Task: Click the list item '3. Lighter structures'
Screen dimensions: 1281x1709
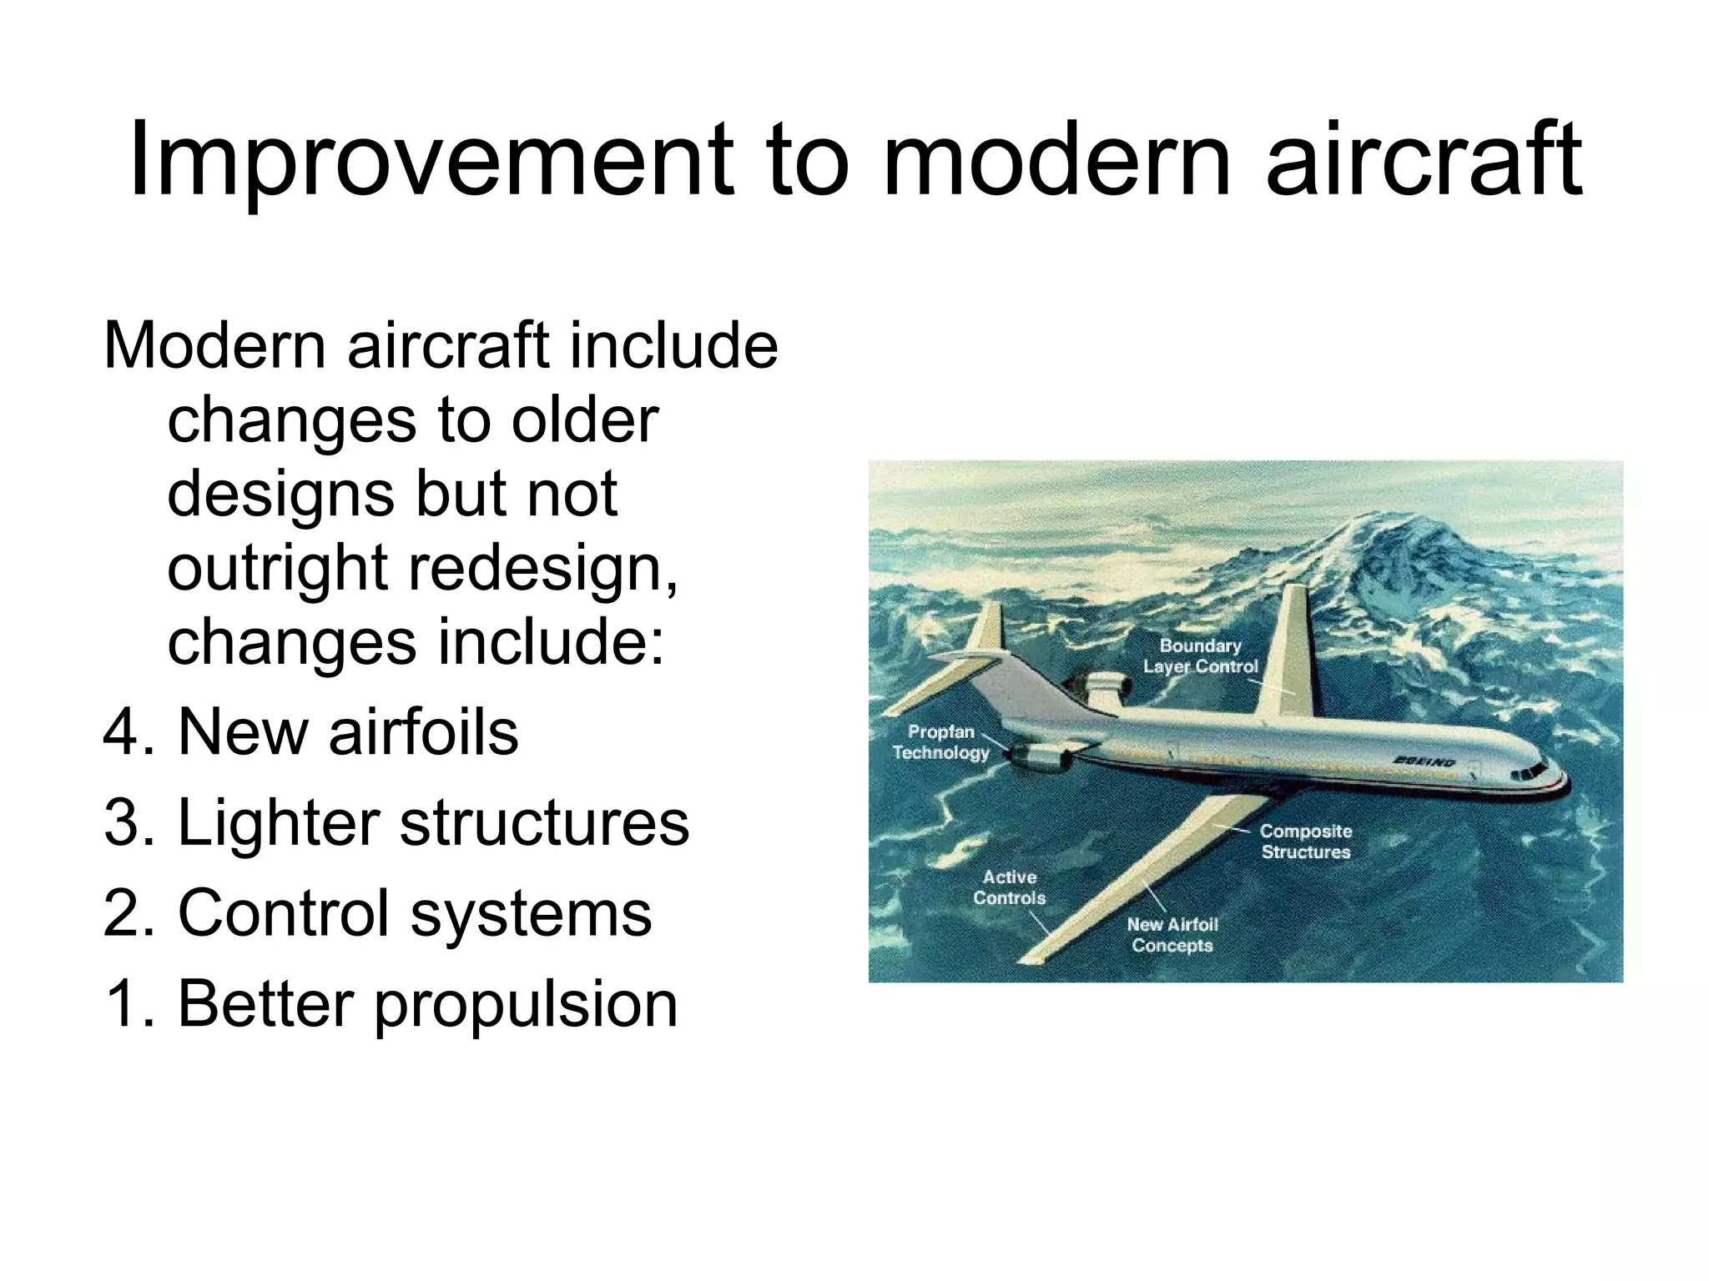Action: coord(396,823)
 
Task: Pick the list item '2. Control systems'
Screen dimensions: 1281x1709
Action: coord(377,913)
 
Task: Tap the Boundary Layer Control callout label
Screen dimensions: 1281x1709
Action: coord(1200,656)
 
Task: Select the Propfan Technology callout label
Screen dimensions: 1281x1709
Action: coord(940,742)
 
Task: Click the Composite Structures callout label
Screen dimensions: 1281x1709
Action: coord(1305,841)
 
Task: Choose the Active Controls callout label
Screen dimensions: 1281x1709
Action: coord(1009,887)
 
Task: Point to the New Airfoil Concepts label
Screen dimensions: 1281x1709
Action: coord(1172,935)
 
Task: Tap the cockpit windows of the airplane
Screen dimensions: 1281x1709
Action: coord(1526,771)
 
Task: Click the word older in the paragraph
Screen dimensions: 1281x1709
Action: coord(585,421)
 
